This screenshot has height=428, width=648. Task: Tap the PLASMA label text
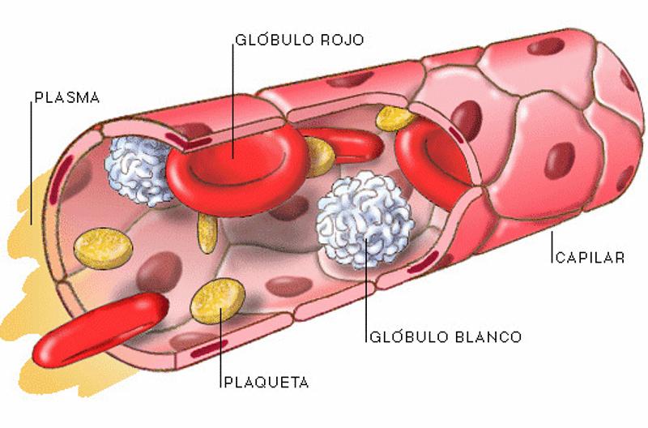(67, 97)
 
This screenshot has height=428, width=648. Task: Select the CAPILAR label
(590, 258)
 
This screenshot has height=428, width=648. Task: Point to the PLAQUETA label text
(266, 382)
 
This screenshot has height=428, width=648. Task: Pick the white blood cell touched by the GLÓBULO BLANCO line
(365, 220)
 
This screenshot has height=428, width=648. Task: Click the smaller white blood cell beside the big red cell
(139, 170)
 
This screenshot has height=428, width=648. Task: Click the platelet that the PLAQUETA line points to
(218, 301)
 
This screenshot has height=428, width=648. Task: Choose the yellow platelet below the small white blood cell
(103, 249)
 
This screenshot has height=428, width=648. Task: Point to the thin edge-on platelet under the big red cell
(207, 233)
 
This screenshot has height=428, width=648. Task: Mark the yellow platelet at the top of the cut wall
(394, 118)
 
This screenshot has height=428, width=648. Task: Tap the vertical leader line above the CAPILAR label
(552, 247)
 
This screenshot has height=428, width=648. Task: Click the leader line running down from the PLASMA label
(32, 163)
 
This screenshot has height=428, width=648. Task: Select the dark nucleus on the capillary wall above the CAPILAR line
(560, 160)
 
